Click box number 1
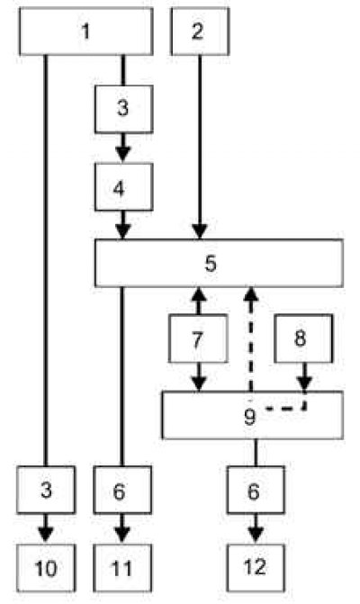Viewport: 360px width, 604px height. [x=85, y=32]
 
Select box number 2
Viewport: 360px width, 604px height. [x=200, y=32]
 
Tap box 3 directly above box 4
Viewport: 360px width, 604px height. [x=123, y=110]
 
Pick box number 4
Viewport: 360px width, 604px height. [x=123, y=187]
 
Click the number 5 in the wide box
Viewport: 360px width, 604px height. [x=211, y=264]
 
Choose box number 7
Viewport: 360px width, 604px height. [x=198, y=338]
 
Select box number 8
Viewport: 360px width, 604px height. [x=303, y=338]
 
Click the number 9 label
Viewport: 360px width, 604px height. [x=250, y=417]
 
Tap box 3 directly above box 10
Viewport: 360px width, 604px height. [x=46, y=490]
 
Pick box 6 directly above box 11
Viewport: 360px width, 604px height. [x=122, y=490]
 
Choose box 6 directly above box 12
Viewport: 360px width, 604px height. [x=256, y=490]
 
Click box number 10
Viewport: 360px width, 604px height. [x=46, y=568]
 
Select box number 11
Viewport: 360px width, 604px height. [x=122, y=568]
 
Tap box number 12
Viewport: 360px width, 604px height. [x=256, y=568]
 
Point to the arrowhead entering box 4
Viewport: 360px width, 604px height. [x=123, y=155]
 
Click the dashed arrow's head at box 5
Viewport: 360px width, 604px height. [x=251, y=295]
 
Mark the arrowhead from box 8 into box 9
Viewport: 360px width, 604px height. [x=304, y=383]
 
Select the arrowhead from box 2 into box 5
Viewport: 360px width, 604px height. [x=200, y=231]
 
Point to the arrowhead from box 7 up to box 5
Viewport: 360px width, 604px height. [x=199, y=295]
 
